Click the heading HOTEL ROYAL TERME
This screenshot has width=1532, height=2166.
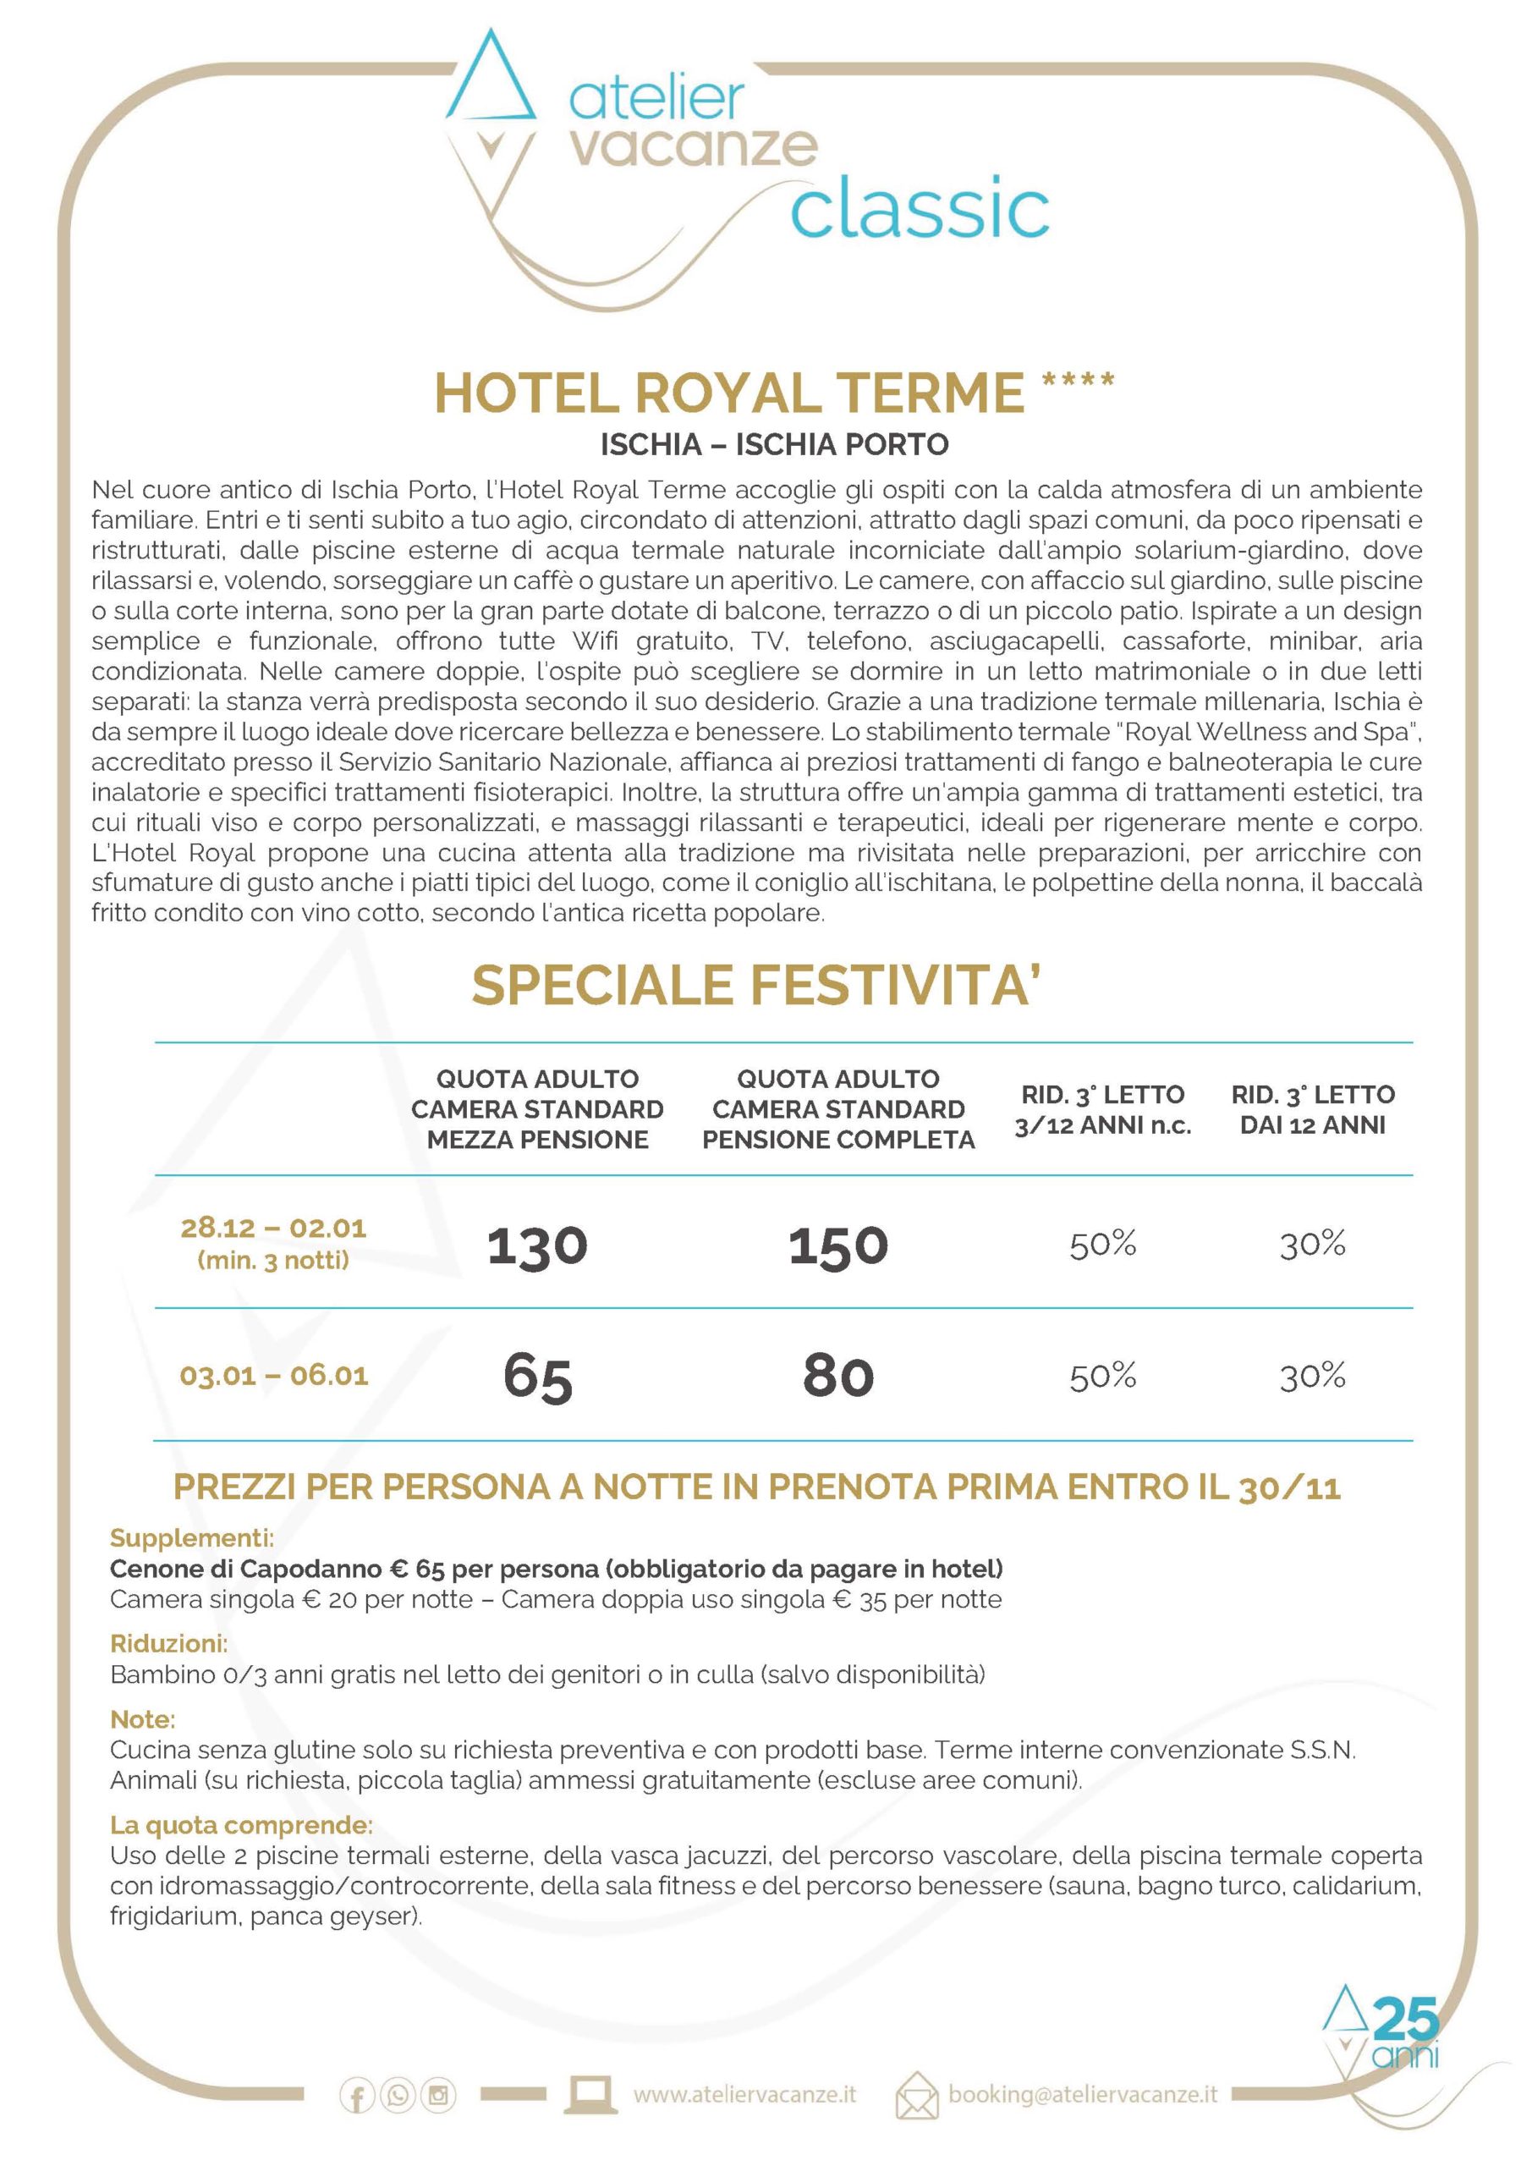[729, 393]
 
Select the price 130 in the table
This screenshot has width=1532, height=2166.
[537, 1245]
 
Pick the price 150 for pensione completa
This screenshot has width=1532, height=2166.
[837, 1245]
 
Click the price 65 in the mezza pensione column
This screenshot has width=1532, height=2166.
[537, 1377]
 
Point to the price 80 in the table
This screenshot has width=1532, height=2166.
[837, 1377]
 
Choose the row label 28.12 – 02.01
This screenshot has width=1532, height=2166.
[273, 1229]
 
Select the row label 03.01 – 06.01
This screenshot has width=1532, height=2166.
[273, 1376]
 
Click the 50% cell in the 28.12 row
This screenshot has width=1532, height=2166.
[1101, 1245]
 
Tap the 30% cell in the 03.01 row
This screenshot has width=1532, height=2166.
[1312, 1377]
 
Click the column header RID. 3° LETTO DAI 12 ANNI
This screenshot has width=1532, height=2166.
[1312, 1109]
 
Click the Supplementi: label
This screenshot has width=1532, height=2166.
[192, 1539]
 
